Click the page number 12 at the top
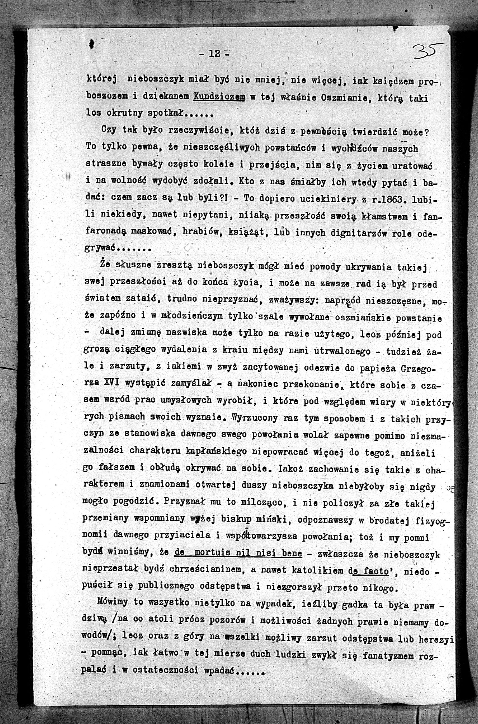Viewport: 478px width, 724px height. point(215,54)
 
